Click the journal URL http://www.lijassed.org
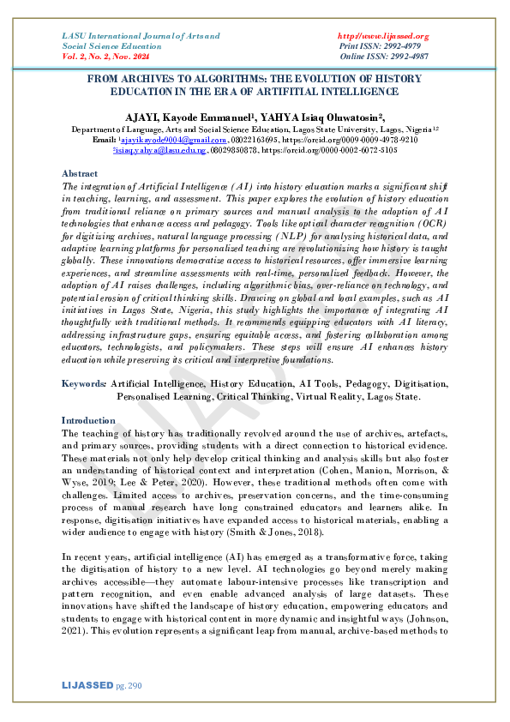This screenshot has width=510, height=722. pyautogui.click(x=384, y=36)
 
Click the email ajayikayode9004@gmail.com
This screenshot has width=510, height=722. pyautogui.click(x=161, y=138)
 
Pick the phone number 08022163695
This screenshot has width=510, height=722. pyautogui.click(x=256, y=138)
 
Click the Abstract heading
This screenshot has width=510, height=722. pyautogui.click(x=81, y=173)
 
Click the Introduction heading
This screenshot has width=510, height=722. pyautogui.click(x=89, y=421)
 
